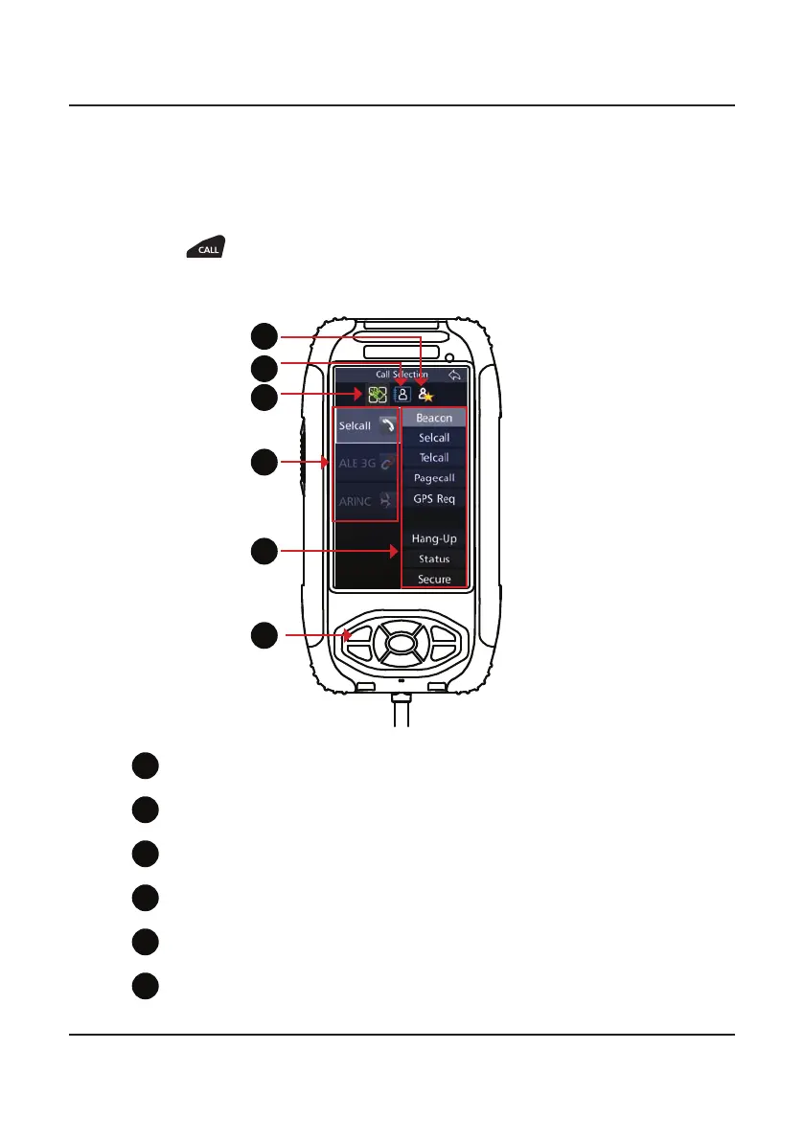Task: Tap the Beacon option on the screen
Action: pos(434,419)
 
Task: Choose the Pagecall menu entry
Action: pos(434,478)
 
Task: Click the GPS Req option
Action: pos(434,499)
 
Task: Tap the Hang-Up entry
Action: pos(434,539)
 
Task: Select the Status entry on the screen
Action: pos(434,559)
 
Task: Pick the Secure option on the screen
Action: pos(434,580)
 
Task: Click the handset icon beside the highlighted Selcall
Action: pos(385,425)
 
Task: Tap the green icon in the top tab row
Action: pos(378,394)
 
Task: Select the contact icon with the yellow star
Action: pos(425,393)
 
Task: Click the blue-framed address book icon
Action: pos(402,393)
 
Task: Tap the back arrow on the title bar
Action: pos(455,375)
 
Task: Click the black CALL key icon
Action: pos(205,248)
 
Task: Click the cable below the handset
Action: pos(402,714)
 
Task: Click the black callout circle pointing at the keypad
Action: pos(265,635)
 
